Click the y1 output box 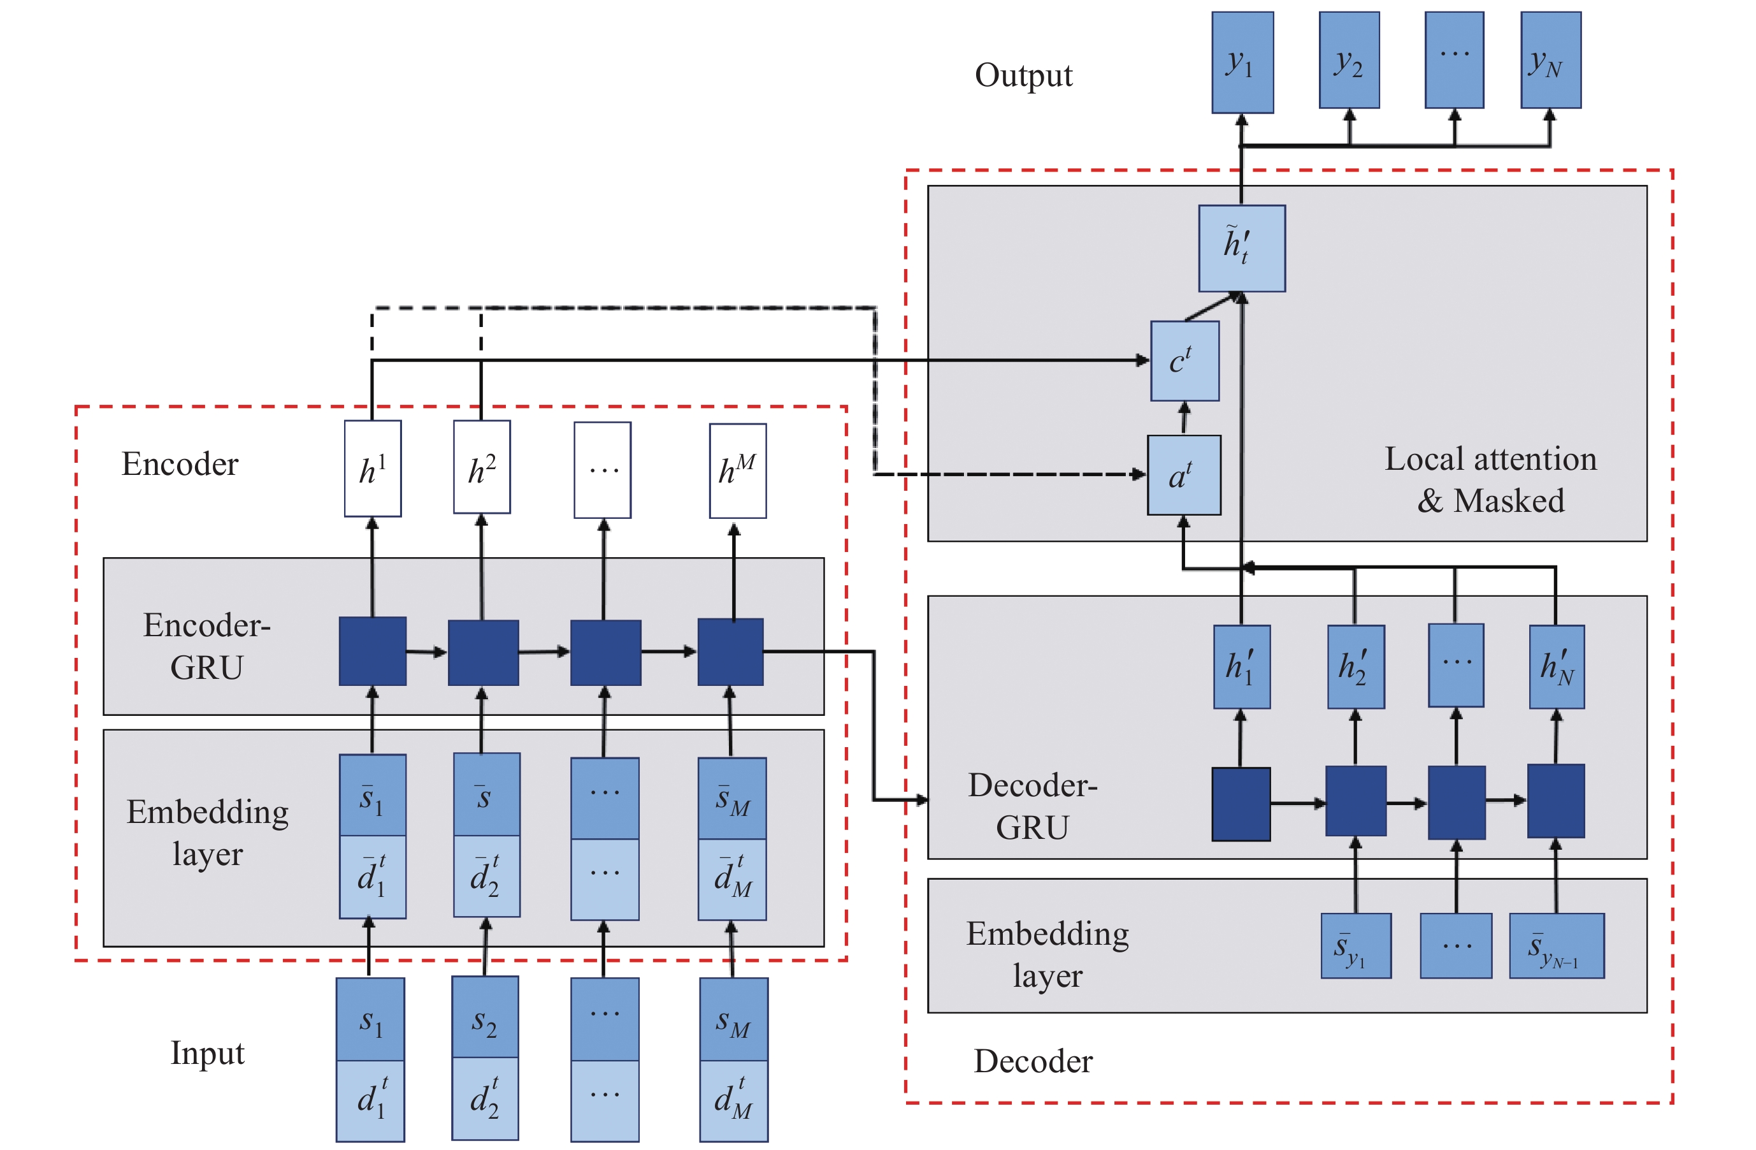click(x=1242, y=62)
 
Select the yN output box click(x=1550, y=60)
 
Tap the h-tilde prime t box click(x=1241, y=248)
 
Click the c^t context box click(x=1184, y=361)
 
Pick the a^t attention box click(x=1183, y=475)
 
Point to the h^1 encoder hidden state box click(x=373, y=469)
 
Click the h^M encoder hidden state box click(x=737, y=470)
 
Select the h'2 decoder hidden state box click(x=1355, y=667)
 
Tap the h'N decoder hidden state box click(x=1556, y=667)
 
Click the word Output click(x=1023, y=75)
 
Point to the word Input click(x=207, y=1052)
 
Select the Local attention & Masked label click(x=1490, y=480)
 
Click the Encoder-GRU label click(x=206, y=646)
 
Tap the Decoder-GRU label click(x=1032, y=806)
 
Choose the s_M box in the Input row click(x=733, y=1019)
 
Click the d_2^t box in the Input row click(x=485, y=1098)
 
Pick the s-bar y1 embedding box click(x=1355, y=945)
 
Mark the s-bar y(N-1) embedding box click(x=1556, y=945)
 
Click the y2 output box click(x=1349, y=60)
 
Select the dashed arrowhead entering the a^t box click(x=1139, y=475)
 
